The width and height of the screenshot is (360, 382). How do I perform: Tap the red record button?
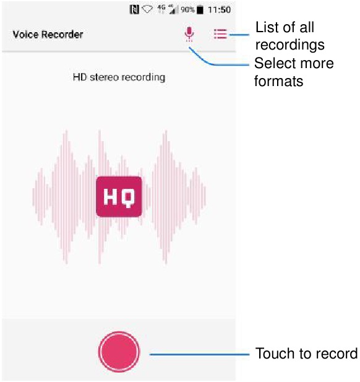click(x=119, y=352)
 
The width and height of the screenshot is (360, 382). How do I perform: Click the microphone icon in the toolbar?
click(x=189, y=33)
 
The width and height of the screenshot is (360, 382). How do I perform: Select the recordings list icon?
click(x=220, y=34)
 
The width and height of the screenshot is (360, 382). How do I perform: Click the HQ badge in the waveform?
click(x=119, y=197)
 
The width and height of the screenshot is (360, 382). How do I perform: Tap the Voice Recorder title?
click(x=48, y=34)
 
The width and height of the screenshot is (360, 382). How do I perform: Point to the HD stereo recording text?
click(x=119, y=77)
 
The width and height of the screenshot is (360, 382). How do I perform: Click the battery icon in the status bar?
click(x=200, y=9)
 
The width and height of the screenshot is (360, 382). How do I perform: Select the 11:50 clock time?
click(x=219, y=10)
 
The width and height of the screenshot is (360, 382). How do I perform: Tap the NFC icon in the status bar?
click(x=134, y=9)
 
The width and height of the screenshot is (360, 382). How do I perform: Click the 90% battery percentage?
click(x=187, y=10)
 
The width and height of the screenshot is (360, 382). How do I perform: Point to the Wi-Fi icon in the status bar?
click(x=147, y=9)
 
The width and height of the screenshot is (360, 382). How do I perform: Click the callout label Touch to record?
click(x=306, y=354)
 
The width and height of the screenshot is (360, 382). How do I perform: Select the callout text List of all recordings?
click(x=290, y=36)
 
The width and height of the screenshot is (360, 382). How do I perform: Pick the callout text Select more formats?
click(x=294, y=72)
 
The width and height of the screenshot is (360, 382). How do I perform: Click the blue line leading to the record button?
click(x=199, y=354)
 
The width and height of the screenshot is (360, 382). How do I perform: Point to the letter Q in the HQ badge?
click(x=127, y=198)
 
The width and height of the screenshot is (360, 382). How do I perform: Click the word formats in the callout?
click(x=279, y=81)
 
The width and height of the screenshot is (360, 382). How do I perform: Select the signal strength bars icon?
click(x=172, y=9)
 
